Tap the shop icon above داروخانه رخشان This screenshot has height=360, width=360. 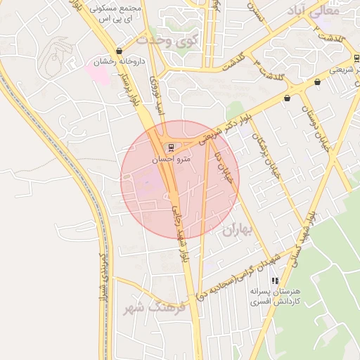119,51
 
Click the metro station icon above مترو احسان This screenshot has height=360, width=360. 169,147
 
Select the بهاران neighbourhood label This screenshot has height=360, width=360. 237,229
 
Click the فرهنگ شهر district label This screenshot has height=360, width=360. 153,307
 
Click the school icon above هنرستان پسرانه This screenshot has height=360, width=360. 274,281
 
